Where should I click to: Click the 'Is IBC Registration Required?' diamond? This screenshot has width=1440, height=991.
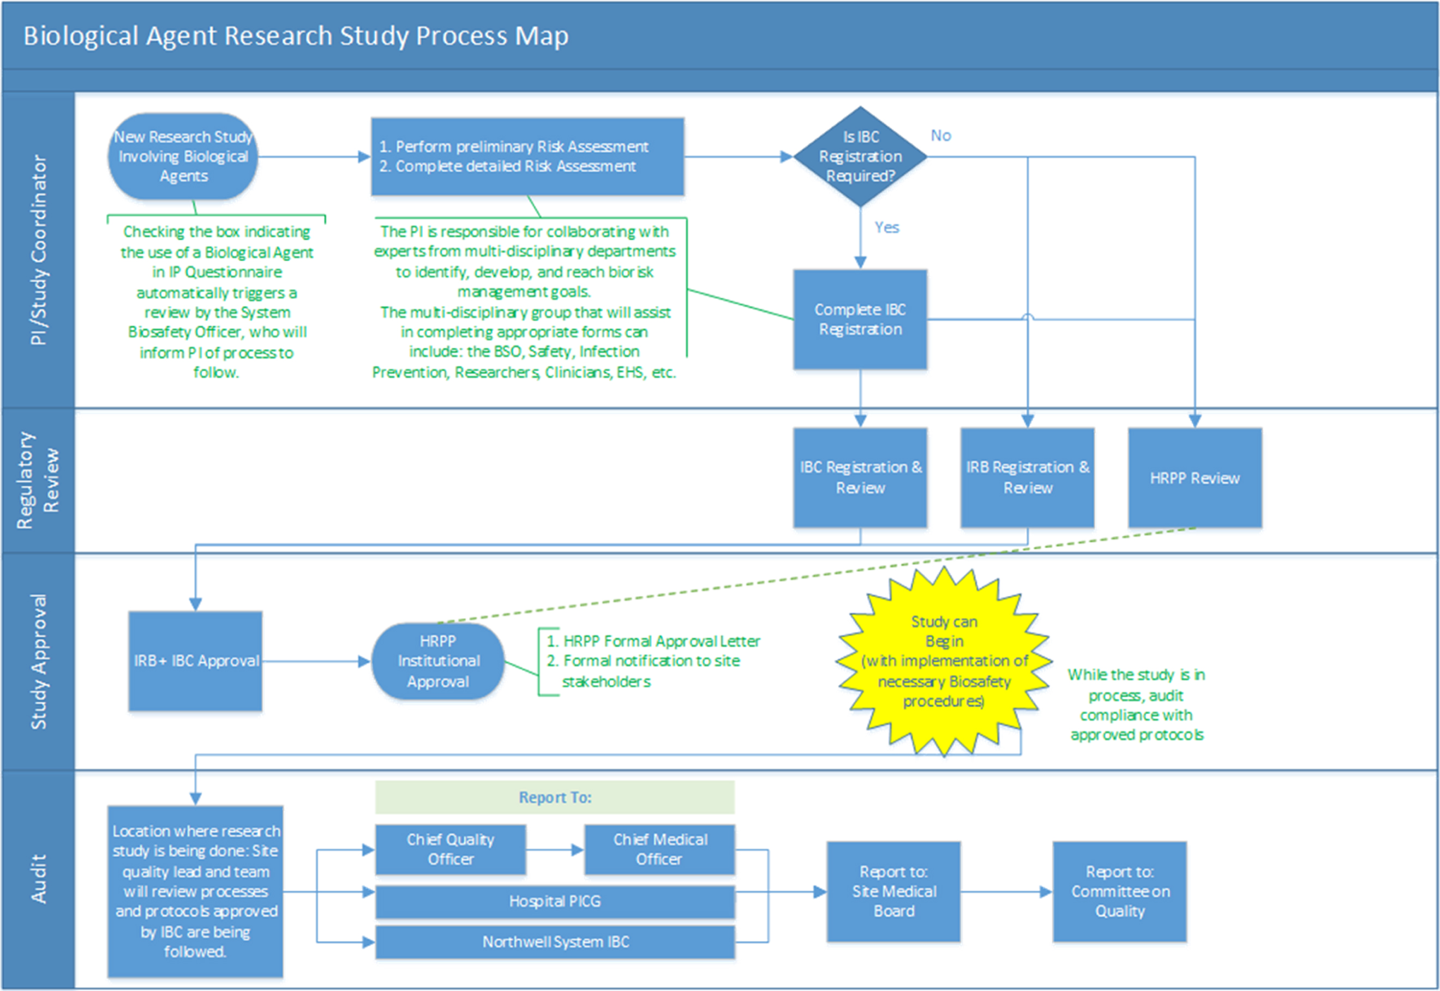(860, 156)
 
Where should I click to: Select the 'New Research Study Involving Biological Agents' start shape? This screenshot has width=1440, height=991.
(183, 156)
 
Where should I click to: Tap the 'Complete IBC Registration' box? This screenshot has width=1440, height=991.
(860, 319)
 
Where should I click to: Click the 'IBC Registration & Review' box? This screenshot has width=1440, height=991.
(860, 478)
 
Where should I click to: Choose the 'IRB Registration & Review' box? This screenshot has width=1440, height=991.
(1028, 478)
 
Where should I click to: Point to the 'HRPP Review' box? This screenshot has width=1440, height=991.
(1195, 478)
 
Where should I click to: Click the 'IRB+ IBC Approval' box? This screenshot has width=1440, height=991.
(195, 661)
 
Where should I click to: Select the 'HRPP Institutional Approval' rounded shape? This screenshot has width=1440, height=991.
(438, 661)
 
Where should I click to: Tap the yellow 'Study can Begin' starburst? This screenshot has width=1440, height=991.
(944, 661)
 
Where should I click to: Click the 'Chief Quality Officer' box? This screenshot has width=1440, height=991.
(451, 849)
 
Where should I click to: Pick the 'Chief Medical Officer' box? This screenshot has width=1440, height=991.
(660, 849)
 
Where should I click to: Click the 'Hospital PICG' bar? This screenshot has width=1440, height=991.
(555, 902)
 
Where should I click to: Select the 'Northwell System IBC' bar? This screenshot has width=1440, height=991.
(555, 942)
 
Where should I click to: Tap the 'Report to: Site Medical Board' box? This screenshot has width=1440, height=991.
(894, 892)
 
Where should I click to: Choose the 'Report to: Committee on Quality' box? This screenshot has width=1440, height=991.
(1120, 892)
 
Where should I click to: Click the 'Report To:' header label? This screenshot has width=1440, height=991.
(555, 797)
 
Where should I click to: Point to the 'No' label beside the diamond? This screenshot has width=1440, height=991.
(940, 135)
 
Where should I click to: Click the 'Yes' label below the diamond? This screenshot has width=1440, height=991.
(886, 227)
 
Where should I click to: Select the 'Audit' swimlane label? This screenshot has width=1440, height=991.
(39, 879)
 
